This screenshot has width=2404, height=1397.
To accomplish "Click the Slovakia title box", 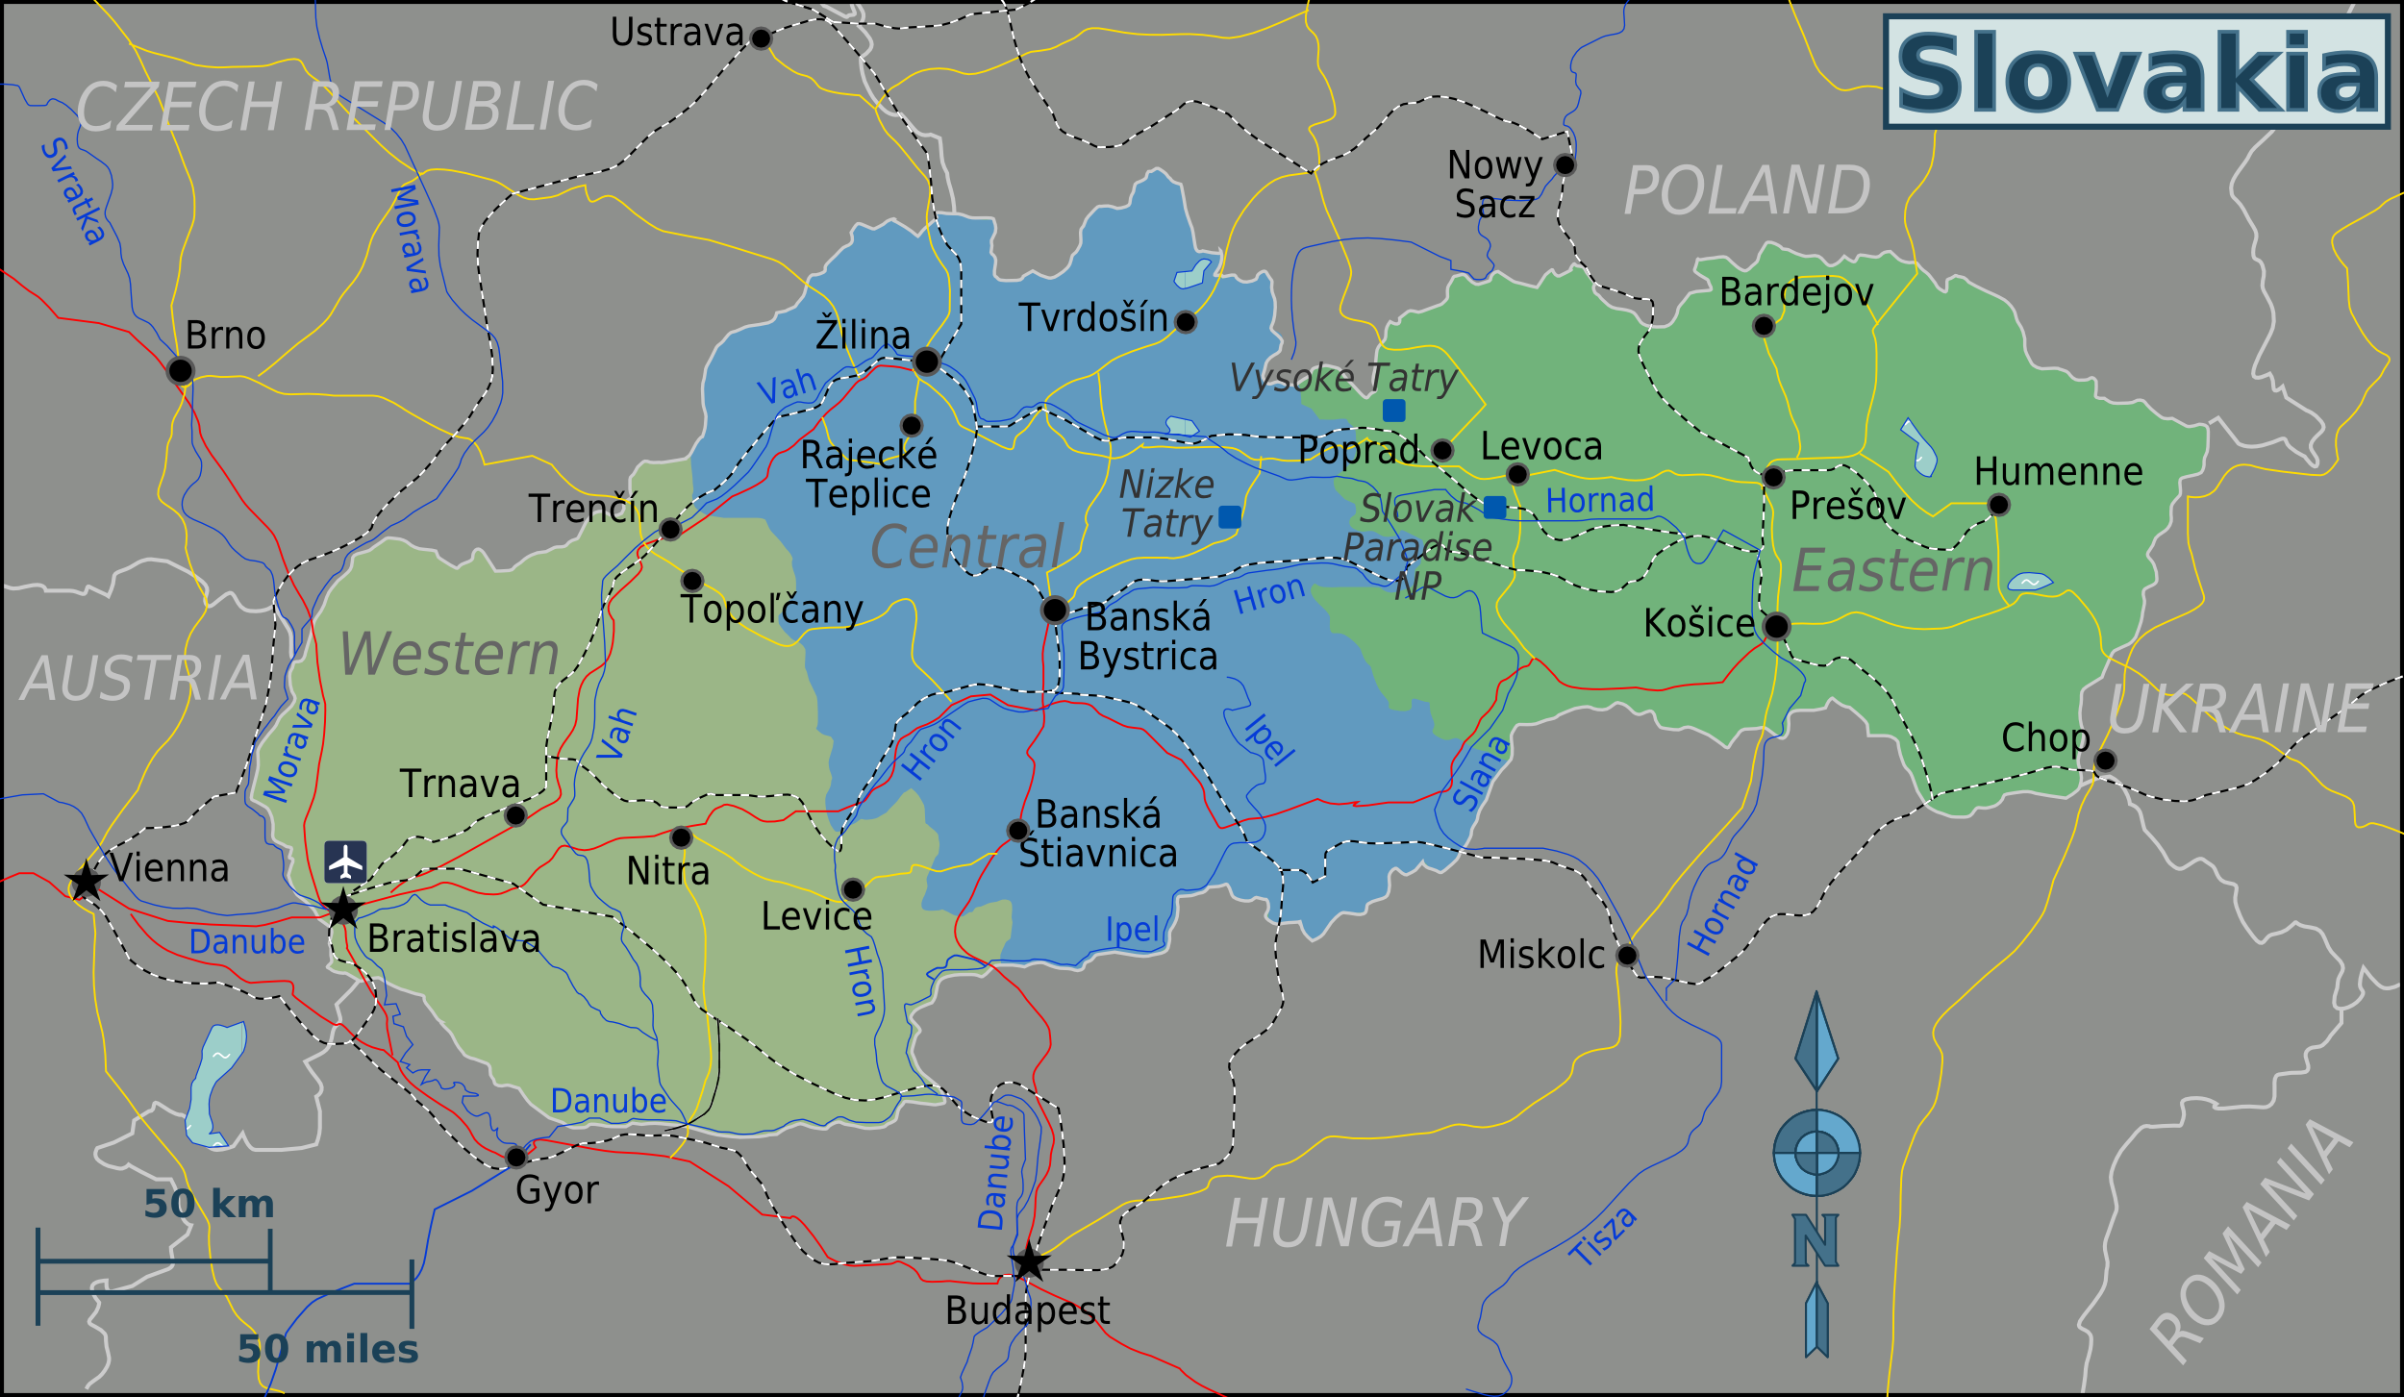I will click(2137, 72).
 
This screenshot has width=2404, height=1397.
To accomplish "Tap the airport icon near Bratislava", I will click(345, 861).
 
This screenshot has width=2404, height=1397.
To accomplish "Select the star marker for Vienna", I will click(86, 880).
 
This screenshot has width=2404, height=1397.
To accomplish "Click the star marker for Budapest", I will click(1028, 1261).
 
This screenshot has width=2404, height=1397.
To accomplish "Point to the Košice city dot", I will click(1776, 626).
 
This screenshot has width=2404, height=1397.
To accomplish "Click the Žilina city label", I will click(863, 335).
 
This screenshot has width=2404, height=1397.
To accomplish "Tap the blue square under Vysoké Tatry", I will click(1393, 411).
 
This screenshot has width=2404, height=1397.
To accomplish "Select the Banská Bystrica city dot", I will click(1054, 609).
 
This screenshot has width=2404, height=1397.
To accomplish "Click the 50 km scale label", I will click(209, 1204).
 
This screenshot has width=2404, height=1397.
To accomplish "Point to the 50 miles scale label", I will click(328, 1349).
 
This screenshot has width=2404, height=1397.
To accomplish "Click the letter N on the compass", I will click(1816, 1240).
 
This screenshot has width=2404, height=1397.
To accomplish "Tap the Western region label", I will click(449, 654).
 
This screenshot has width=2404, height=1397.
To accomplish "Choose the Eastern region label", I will click(1892, 571).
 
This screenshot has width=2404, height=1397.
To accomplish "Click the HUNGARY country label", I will click(1375, 1224).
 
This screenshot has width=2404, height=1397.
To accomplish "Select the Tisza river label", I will click(1602, 1236).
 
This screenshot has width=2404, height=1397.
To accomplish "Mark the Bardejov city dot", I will click(1763, 326).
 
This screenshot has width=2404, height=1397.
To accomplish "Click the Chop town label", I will click(2045, 737).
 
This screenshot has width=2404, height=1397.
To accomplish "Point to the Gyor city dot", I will click(516, 1156).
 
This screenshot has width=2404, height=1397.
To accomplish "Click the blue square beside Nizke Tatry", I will click(1229, 516).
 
